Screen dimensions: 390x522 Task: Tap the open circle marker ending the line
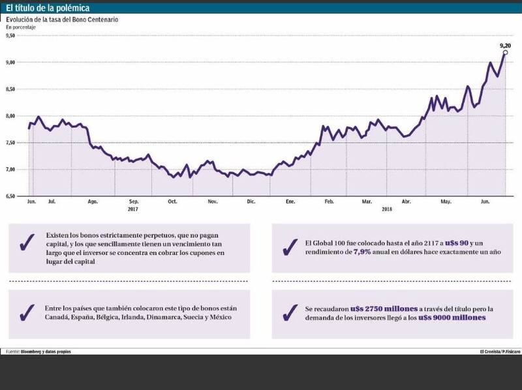coord(506,52)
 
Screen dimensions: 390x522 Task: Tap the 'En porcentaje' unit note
coord(21,28)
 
